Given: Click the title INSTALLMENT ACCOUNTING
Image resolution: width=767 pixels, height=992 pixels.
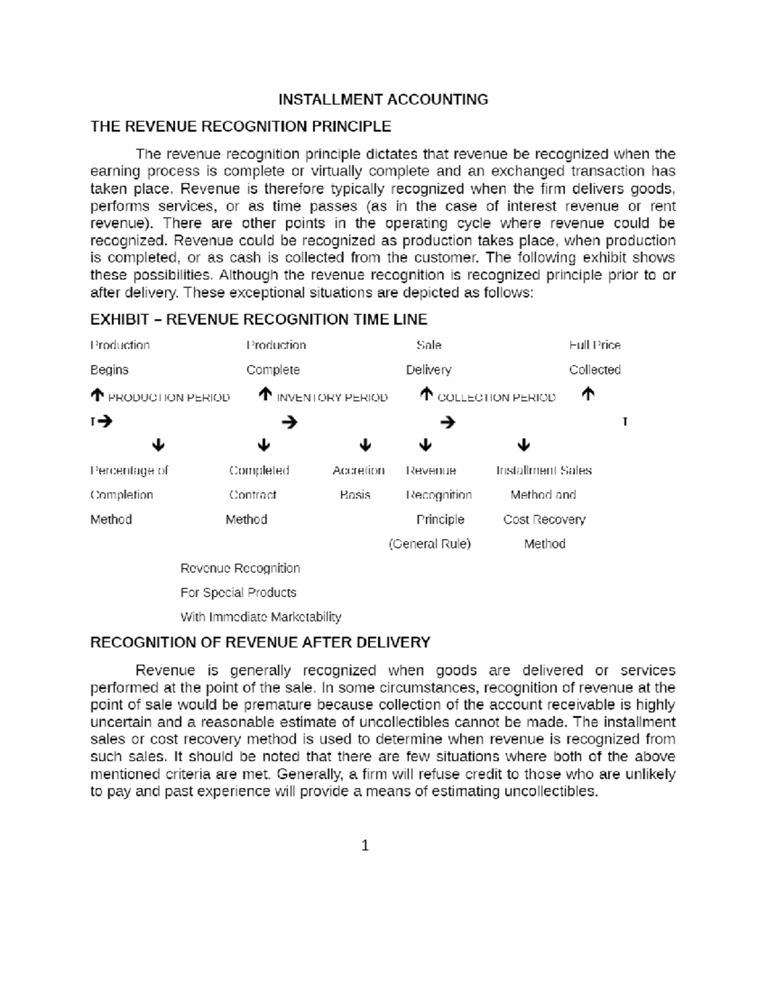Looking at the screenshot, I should pyautogui.click(x=383, y=100).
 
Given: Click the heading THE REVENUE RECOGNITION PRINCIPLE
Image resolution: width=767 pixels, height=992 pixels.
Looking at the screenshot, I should pyautogui.click(x=240, y=126).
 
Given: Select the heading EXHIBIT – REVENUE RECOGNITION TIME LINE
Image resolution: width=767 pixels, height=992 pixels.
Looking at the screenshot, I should pyautogui.click(x=259, y=319).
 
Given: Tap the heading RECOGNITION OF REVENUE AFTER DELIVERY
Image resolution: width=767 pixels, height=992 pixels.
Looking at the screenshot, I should pyautogui.click(x=260, y=643).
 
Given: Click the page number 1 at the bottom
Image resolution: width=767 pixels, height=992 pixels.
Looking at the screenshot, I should pyautogui.click(x=365, y=846).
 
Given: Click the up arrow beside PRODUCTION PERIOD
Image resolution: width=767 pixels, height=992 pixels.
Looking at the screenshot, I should pyautogui.click(x=97, y=396).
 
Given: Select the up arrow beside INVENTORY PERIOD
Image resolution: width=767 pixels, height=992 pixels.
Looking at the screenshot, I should pyautogui.click(x=265, y=396).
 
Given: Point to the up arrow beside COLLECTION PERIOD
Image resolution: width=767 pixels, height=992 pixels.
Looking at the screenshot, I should pyautogui.click(x=426, y=396).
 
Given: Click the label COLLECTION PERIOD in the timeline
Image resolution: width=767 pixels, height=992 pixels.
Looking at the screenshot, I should pyautogui.click(x=496, y=398).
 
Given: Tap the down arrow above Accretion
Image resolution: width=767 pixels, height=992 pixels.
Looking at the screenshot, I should pyautogui.click(x=365, y=445).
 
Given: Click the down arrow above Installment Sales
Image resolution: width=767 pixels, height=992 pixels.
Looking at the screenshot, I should pyautogui.click(x=523, y=445).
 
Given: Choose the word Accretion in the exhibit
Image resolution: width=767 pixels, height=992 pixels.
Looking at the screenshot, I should pyautogui.click(x=359, y=471).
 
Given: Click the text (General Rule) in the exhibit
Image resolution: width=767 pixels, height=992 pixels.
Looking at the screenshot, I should pyautogui.click(x=430, y=544).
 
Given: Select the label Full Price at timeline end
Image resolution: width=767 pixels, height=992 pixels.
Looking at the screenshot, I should pyautogui.click(x=594, y=346).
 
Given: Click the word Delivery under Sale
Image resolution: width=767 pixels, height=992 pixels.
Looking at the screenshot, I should pyautogui.click(x=428, y=370).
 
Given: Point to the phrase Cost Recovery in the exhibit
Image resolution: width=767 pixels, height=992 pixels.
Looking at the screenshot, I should pyautogui.click(x=544, y=520).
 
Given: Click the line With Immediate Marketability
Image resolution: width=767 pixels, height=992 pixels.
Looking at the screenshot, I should pyautogui.click(x=261, y=617).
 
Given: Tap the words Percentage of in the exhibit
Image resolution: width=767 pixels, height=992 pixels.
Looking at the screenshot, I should pyautogui.click(x=129, y=471).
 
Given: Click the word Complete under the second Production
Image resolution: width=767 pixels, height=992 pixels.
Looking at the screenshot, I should pyautogui.click(x=273, y=370).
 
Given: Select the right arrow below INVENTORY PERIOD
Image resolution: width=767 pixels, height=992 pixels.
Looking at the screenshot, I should pyautogui.click(x=289, y=422).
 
